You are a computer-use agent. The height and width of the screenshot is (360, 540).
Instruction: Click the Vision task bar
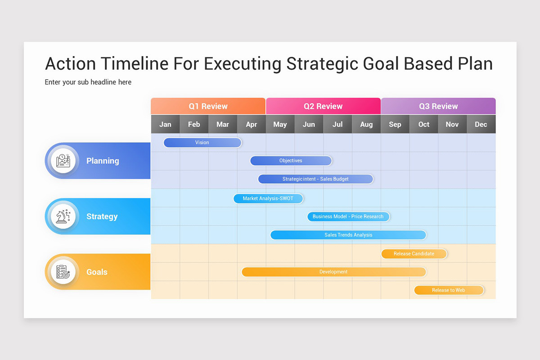[202, 143]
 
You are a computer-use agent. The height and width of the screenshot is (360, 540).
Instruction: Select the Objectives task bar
[291, 161]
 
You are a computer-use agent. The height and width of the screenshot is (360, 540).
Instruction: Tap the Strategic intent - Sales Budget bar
[315, 179]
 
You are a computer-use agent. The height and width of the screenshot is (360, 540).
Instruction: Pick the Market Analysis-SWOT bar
[268, 198]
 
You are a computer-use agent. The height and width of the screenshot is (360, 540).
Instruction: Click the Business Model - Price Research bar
[348, 216]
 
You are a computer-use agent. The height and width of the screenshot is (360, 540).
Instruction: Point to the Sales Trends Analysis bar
[348, 235]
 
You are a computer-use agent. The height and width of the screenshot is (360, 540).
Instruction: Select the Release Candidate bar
[414, 254]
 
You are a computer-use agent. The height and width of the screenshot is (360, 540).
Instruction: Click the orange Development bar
[333, 272]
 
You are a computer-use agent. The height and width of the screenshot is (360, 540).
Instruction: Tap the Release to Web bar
[448, 290]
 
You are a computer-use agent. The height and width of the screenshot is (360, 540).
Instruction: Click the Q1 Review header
[208, 107]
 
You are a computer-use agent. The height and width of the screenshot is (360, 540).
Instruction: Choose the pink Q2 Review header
[323, 107]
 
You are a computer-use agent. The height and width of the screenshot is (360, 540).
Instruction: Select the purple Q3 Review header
[438, 107]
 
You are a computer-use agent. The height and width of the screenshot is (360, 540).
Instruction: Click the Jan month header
[165, 125]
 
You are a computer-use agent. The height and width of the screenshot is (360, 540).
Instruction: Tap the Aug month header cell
[366, 125]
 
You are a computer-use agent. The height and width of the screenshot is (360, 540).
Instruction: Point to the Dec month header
[481, 125]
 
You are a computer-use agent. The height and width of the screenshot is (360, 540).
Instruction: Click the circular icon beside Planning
[63, 161]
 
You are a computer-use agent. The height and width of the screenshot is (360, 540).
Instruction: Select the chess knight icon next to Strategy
[63, 216]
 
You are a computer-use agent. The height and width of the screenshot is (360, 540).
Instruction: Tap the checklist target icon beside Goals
[63, 272]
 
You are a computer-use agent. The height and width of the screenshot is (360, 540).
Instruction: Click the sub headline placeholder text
[88, 82]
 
